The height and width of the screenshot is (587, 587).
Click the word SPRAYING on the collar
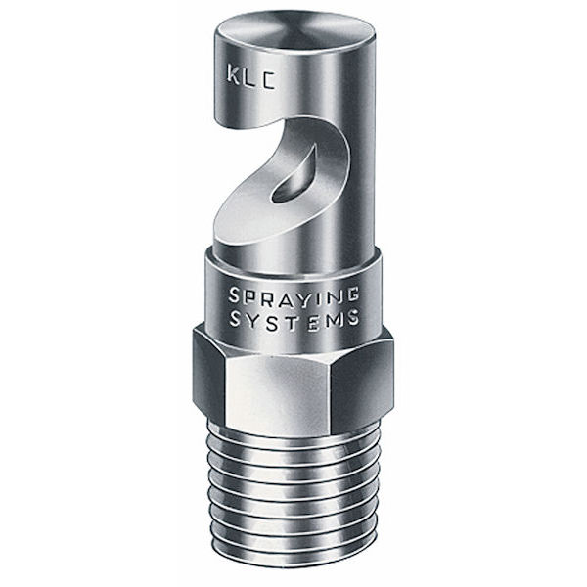click(293, 295)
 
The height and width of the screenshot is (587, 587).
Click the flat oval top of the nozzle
click(295, 31)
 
